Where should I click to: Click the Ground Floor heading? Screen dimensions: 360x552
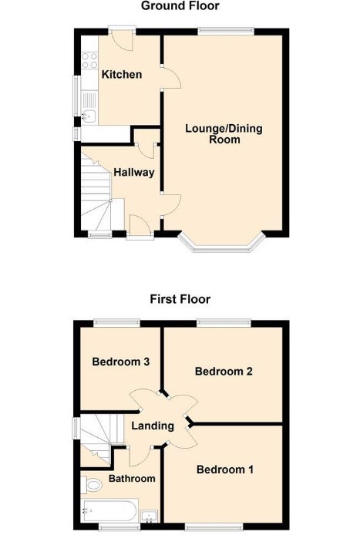click(x=180, y=5)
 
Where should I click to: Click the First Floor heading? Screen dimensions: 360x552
click(x=180, y=299)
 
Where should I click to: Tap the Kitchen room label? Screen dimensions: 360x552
click(x=122, y=74)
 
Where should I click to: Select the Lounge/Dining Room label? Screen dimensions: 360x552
click(x=224, y=134)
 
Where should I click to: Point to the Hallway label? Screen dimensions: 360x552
click(x=134, y=172)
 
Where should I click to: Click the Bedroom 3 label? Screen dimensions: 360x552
click(x=121, y=362)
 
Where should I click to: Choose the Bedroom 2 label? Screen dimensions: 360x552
click(x=224, y=371)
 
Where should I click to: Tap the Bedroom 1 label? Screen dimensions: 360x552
click(x=225, y=470)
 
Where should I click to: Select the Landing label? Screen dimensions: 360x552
click(x=153, y=426)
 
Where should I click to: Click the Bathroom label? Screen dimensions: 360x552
click(x=132, y=479)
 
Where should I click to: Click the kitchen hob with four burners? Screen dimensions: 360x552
click(x=89, y=60)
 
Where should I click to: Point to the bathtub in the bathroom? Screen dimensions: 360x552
click(x=109, y=511)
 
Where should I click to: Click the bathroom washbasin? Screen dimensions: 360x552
click(x=150, y=516)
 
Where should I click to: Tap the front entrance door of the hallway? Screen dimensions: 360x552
click(x=140, y=227)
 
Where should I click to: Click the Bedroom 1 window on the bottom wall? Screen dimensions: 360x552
click(x=214, y=527)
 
